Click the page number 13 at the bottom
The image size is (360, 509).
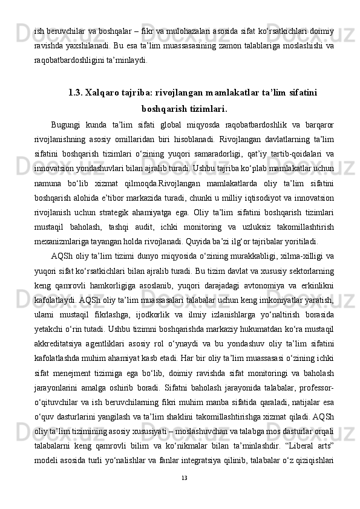185,478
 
